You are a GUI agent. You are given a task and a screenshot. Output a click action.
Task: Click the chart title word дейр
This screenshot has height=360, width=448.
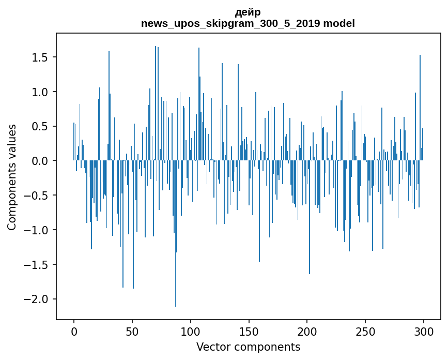click(248, 12)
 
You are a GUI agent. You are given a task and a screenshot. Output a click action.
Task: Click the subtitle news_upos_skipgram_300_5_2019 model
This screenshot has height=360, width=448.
click(248, 23)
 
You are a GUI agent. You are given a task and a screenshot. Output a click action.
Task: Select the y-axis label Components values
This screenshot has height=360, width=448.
click(12, 177)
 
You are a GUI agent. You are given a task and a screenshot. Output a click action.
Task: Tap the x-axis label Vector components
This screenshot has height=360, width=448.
click(248, 347)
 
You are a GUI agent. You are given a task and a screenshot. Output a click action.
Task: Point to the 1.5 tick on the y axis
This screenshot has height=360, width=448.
click(40, 57)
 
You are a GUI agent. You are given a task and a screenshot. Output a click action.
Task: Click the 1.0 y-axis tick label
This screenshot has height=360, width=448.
click(40, 92)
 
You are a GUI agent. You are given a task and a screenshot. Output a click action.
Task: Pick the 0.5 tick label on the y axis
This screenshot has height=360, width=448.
click(40, 127)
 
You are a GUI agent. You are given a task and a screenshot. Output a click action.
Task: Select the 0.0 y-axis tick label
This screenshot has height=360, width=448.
click(40, 161)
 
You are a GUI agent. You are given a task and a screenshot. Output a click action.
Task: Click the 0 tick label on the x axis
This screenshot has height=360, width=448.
click(74, 331)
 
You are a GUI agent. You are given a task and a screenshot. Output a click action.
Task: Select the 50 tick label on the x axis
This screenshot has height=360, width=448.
click(132, 331)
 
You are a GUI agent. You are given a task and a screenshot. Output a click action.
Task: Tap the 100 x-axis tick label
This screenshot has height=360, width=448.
click(191, 331)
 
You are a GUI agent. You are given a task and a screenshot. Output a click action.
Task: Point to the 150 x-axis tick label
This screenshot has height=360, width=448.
click(249, 331)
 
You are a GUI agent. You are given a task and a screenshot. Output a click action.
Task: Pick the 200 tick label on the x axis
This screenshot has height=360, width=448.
click(307, 331)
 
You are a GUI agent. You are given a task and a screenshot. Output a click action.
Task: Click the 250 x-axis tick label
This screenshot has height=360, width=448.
click(365, 331)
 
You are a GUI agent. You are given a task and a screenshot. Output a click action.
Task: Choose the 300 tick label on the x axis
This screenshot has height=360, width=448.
click(424, 331)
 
